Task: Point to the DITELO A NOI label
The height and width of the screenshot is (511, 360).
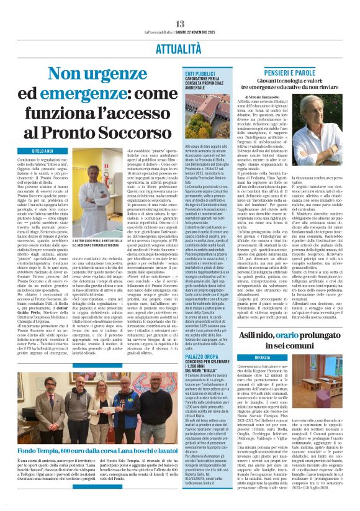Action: [24, 151]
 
